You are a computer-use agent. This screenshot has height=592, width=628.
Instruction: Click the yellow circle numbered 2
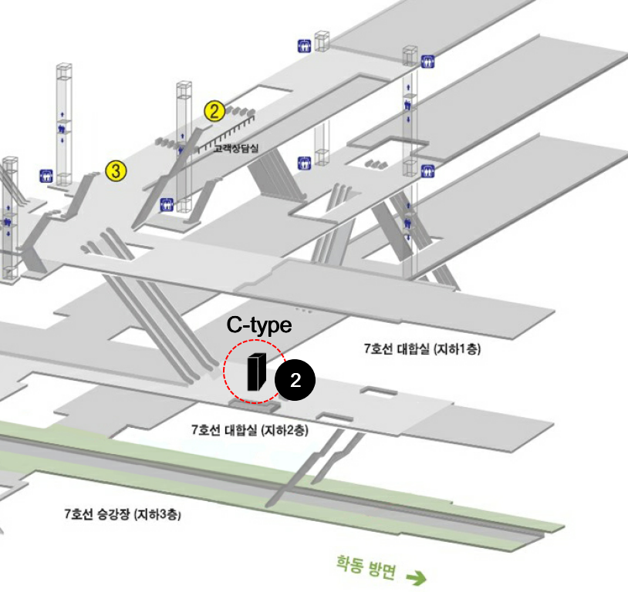pyautogui.click(x=214, y=111)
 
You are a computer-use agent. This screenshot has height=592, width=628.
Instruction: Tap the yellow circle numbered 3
pyautogui.click(x=116, y=171)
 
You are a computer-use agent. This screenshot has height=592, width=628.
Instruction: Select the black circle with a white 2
pyautogui.click(x=295, y=380)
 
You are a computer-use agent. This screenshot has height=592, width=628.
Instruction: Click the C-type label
pyautogui.click(x=259, y=325)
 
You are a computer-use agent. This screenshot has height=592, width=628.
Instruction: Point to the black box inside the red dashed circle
pyautogui.click(x=257, y=372)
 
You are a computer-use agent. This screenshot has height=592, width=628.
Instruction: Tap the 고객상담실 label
pyautogui.click(x=236, y=148)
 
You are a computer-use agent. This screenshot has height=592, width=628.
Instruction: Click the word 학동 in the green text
pyautogui.click(x=349, y=564)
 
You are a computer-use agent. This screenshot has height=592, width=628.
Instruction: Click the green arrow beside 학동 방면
pyautogui.click(x=417, y=577)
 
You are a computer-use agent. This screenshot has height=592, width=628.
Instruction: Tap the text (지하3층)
pyautogui.click(x=157, y=514)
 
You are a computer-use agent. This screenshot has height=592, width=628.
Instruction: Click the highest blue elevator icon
pyautogui.click(x=305, y=46)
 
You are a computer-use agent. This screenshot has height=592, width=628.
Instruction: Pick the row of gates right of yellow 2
pyautogui.click(x=240, y=111)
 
